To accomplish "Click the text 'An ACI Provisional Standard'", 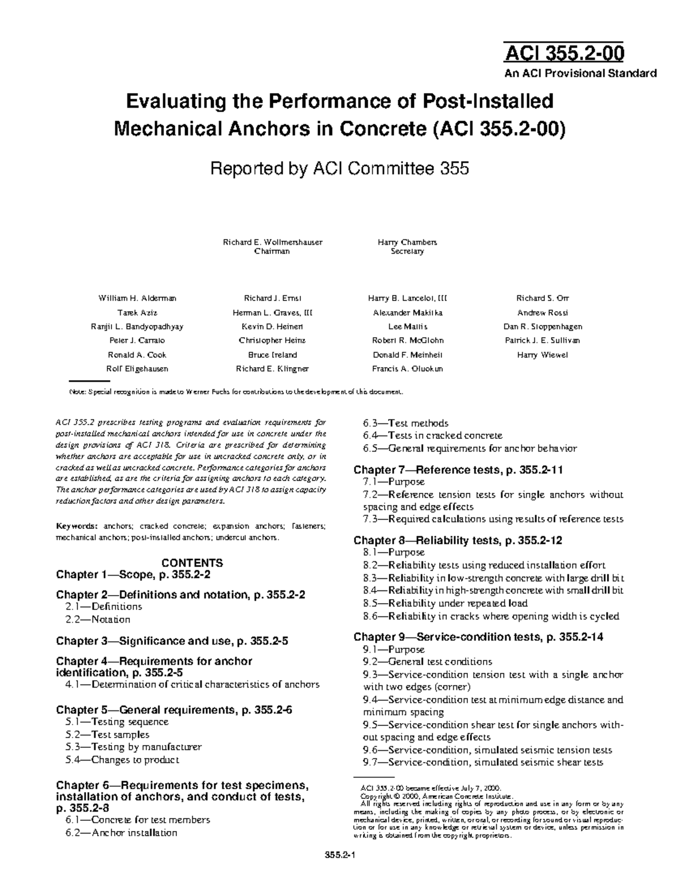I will [580, 74].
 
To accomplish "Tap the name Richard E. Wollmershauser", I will [272, 242].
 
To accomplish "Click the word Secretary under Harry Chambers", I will [407, 252].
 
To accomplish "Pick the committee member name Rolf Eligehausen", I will [138, 369].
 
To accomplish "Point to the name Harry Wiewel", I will [542, 355].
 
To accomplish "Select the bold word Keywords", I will [76, 526].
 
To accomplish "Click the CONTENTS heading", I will [192, 563].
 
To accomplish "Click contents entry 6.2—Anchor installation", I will [121, 833].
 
